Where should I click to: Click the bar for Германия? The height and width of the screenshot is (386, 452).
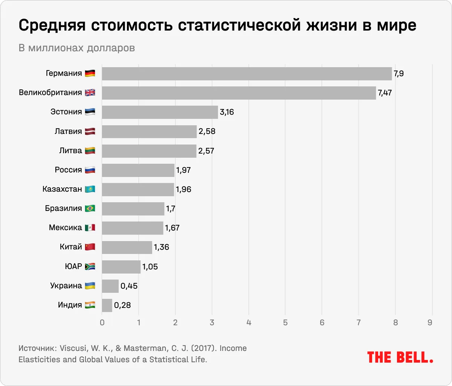coord(247,74)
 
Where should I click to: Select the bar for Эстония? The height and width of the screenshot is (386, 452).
coord(160,112)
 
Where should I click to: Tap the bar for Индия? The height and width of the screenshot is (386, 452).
coord(107,305)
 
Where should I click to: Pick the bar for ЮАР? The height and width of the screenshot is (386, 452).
coord(121,267)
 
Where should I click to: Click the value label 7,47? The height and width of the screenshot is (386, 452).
coord(385,93)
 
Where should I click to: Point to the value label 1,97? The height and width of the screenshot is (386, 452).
coord(183,170)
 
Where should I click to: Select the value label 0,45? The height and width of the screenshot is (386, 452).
coord(129,286)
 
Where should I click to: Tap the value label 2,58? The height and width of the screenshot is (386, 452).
coord(207,131)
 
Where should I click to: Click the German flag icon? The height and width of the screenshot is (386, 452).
coord(90,74)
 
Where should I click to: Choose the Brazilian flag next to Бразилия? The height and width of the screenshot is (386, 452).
coord(90,208)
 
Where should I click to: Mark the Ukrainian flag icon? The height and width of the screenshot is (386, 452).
coord(90,286)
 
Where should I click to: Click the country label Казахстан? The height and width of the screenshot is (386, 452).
coord(62,189)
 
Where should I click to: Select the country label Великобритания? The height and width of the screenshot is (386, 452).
coord(50,92)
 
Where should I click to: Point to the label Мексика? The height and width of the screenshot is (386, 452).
coord(65,228)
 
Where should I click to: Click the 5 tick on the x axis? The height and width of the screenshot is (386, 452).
coord(285,323)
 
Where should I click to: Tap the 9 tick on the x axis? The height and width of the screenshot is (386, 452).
coord(430,323)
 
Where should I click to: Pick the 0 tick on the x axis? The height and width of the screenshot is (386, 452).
coord(102,323)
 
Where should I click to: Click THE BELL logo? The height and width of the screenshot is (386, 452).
coord(400,357)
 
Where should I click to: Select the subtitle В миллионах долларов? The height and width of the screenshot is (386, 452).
coord(76,48)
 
